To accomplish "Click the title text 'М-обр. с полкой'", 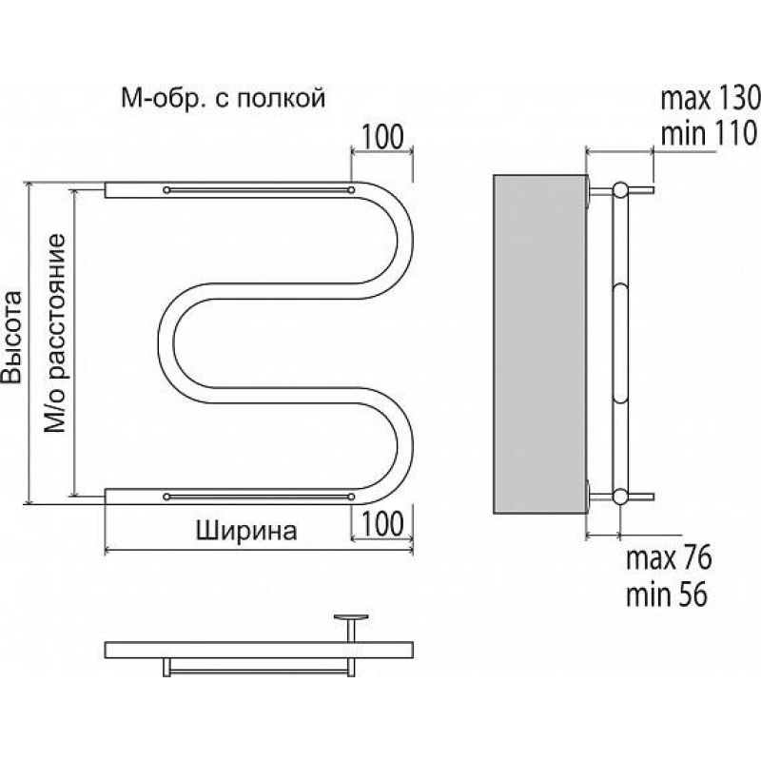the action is point(223,99).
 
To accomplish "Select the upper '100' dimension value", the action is point(382,137).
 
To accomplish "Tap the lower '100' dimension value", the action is point(382,524).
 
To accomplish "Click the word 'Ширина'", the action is point(246,531).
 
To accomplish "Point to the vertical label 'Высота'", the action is point(11,337).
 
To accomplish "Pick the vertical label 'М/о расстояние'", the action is point(55,334).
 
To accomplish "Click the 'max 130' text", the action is point(710,99).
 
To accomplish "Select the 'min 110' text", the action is point(708,133).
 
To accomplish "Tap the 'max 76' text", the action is point(669,558).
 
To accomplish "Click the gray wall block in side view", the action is point(540,344).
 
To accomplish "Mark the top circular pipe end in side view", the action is point(620,189).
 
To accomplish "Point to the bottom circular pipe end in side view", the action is point(620,497).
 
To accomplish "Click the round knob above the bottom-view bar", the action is point(350,617).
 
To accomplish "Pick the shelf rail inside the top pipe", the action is point(259,189).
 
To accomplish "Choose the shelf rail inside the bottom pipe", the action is point(259,497).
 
